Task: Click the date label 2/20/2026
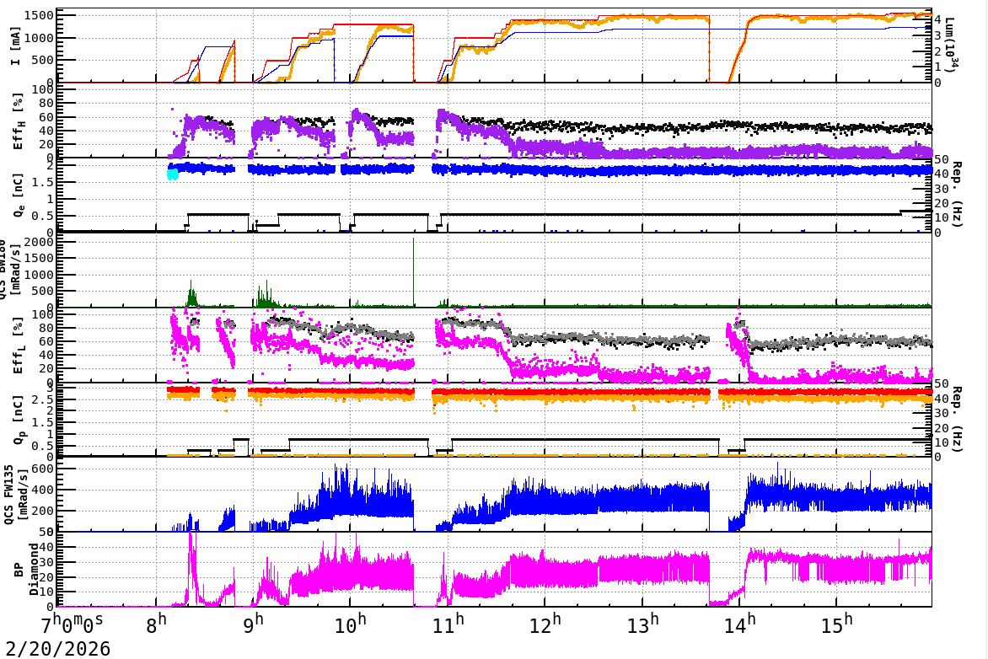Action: coord(56,649)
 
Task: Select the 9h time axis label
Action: coord(254,625)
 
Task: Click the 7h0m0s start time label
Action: coord(73,625)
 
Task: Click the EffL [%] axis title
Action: coord(19,346)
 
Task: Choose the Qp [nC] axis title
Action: coord(19,421)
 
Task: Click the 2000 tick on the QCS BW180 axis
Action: coord(42,242)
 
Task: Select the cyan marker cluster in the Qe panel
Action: coord(173,174)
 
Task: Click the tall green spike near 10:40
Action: coord(414,253)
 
